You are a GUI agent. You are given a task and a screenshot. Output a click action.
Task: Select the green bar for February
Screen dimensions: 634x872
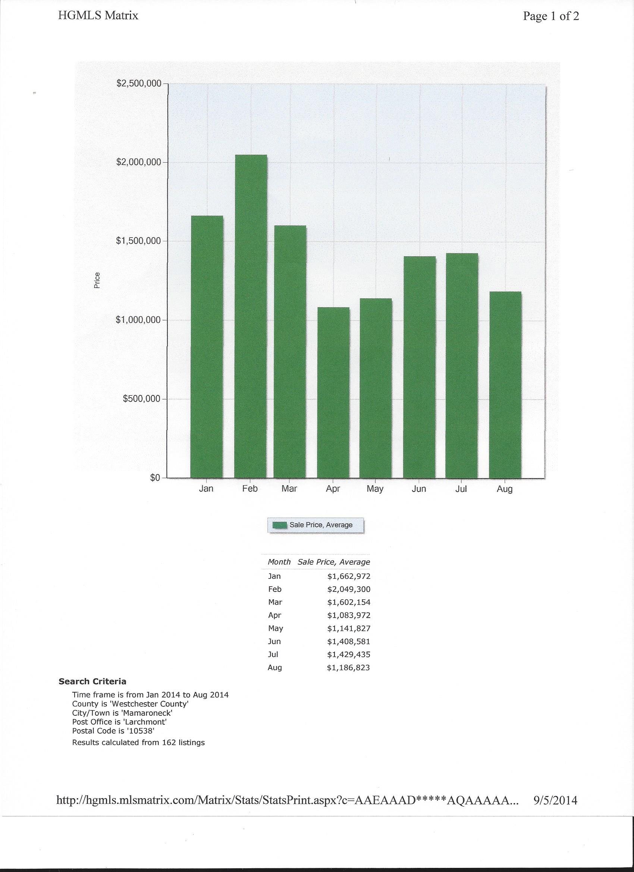coord(250,316)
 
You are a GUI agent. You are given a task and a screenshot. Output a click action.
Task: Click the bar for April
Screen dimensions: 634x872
coord(333,393)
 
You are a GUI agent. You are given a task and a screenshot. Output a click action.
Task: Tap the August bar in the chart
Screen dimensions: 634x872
coord(505,385)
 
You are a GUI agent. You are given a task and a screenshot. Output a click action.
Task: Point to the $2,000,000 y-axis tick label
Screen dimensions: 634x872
coord(138,162)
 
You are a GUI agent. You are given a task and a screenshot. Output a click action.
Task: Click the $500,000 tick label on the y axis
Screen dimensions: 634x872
coord(141,399)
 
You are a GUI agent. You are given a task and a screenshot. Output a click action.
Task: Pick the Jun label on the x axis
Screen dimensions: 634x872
coord(419,489)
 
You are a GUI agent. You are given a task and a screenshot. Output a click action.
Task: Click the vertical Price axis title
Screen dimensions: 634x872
coord(97,280)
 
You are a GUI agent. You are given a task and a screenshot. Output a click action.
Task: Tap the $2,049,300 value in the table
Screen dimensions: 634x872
coord(349,589)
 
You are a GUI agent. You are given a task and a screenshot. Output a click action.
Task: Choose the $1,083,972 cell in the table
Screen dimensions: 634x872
coord(349,615)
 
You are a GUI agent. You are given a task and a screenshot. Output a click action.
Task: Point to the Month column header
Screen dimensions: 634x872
coord(279,562)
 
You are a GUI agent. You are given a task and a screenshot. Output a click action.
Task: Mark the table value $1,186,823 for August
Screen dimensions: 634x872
coord(349,668)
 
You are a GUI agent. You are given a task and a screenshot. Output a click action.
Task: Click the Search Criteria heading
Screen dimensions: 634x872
coord(92,682)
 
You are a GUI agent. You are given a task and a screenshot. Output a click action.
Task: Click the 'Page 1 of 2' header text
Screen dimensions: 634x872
coord(551,16)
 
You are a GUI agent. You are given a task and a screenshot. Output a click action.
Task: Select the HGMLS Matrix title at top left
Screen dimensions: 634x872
coord(98,15)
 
